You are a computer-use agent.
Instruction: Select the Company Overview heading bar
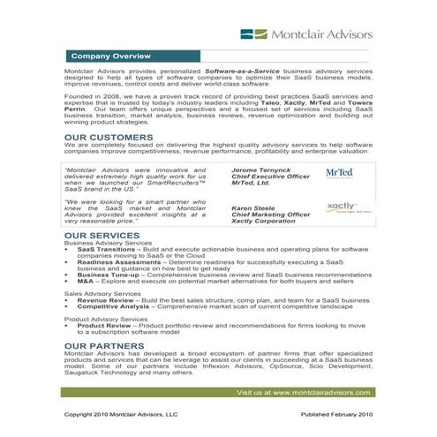[110, 55]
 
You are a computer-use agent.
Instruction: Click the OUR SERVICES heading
[102, 236]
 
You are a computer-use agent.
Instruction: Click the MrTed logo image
[339, 174]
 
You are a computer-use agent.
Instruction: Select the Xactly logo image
[340, 208]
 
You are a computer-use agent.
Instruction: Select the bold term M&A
[86, 281]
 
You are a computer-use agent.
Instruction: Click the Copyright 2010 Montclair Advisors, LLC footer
[121, 413]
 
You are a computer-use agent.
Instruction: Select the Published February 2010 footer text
[336, 413]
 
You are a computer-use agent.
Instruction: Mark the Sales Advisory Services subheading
[102, 293]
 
